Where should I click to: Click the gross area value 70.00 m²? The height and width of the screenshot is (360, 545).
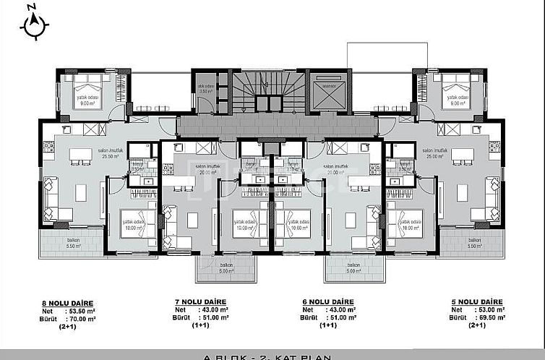(x=80, y=317)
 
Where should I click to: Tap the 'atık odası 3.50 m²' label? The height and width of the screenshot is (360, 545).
(x=207, y=90)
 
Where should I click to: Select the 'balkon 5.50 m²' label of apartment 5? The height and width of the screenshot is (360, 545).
(x=474, y=243)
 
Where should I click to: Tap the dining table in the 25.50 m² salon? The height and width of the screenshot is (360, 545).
(x=80, y=192)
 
